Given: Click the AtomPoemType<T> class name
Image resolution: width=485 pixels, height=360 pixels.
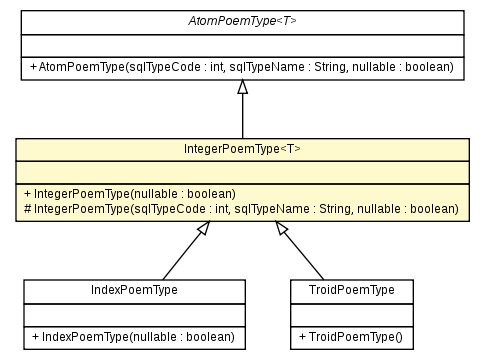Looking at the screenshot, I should pos(242,21).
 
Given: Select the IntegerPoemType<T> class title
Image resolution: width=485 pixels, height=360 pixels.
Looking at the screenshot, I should pos(242,149).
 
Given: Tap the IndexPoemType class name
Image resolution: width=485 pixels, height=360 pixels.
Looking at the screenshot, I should pos(134,290).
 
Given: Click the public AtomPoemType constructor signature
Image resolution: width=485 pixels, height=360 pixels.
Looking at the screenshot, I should pos(242,67).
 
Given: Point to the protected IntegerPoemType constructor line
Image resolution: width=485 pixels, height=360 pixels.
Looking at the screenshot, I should pos(242,209).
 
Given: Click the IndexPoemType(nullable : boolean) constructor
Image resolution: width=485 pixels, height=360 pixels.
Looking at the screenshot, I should pos(134,336).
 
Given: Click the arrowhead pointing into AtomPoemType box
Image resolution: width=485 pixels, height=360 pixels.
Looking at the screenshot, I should pos(242,88).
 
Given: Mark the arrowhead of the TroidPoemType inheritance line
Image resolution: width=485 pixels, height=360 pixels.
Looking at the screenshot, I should pos(283,230).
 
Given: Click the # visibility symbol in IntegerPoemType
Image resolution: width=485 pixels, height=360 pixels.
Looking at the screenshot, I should pos(24,209).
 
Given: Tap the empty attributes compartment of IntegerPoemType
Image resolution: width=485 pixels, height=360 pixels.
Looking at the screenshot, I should pos(242,171).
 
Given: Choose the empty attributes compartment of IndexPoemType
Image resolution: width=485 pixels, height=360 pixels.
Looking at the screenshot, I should pos(134,313).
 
